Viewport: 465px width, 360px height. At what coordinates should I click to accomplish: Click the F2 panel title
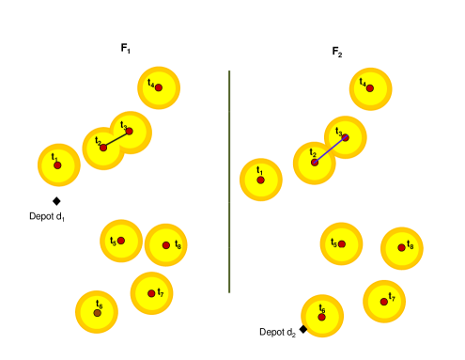click(x=337, y=52)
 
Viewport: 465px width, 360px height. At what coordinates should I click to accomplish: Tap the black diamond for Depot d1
click(x=56, y=201)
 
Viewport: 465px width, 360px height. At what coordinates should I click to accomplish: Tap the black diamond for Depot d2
click(x=303, y=329)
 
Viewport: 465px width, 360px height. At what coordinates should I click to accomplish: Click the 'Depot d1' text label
click(x=47, y=217)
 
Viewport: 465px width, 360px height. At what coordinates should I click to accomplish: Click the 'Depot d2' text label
click(x=277, y=332)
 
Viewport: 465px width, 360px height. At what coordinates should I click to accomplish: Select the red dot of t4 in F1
click(x=159, y=87)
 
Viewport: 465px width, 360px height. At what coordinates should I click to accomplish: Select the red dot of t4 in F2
click(x=370, y=88)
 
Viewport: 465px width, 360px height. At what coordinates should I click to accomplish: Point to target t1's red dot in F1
click(x=57, y=165)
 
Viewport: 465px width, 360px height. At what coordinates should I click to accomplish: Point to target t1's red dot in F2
click(x=261, y=180)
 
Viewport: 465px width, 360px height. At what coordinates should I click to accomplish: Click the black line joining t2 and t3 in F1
click(x=116, y=139)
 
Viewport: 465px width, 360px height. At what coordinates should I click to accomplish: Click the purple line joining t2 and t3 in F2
click(x=330, y=150)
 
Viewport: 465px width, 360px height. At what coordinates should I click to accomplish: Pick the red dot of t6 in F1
click(x=98, y=312)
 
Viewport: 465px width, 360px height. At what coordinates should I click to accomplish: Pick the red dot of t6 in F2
click(x=322, y=317)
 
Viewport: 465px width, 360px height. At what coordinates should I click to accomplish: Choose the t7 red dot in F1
click(x=151, y=293)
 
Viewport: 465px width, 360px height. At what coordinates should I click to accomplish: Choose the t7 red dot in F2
click(x=384, y=302)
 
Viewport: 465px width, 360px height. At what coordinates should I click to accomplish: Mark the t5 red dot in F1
click(x=121, y=241)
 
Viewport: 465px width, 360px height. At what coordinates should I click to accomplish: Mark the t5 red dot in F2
click(x=342, y=244)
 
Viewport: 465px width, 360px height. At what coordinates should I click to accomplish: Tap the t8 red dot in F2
click(x=402, y=248)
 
